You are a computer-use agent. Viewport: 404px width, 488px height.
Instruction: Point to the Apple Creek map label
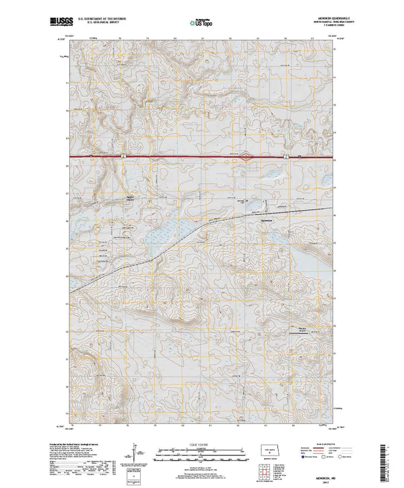click(x=131, y=197)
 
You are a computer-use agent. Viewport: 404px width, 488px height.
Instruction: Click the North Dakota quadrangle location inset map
click(x=270, y=450)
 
